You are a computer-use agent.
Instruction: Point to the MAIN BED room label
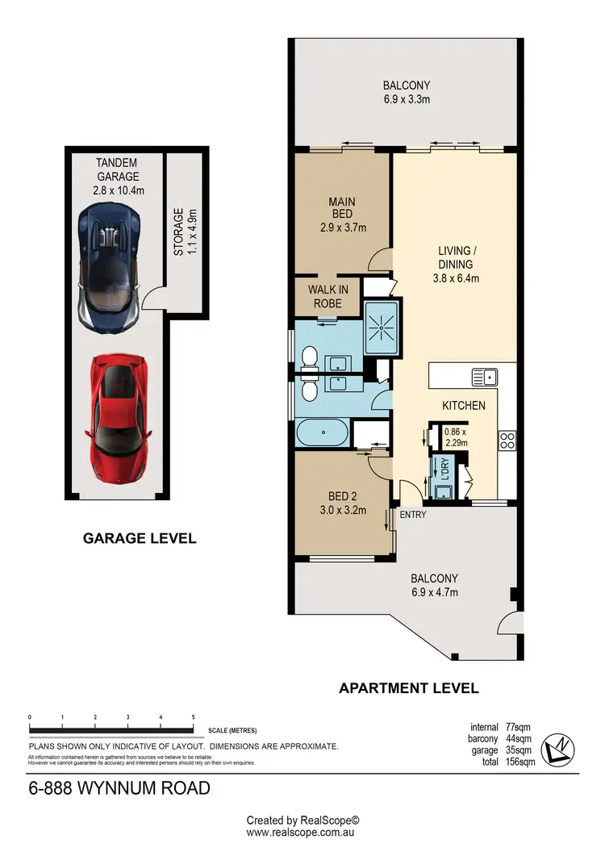tap(341, 215)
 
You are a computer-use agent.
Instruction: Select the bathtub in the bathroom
tap(323, 433)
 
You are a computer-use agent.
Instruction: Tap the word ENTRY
tap(412, 515)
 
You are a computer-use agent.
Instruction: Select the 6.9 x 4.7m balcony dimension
tap(434, 592)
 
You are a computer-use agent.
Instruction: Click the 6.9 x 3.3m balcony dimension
tap(407, 99)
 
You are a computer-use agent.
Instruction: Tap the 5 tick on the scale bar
tap(193, 716)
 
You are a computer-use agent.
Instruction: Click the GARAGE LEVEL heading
tap(140, 538)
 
